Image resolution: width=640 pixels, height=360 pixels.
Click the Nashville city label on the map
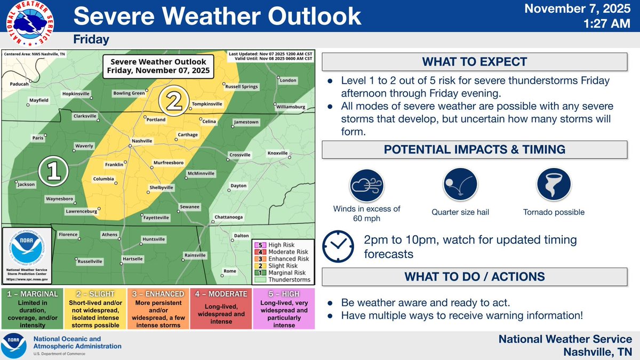click(x=142, y=141)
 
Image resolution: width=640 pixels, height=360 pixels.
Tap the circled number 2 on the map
click(x=175, y=101)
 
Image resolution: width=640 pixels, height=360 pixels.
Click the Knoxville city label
click(x=277, y=153)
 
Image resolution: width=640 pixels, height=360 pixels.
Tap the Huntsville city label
click(x=153, y=239)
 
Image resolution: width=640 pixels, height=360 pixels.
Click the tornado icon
click(x=554, y=185)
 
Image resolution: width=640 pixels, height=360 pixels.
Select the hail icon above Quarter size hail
click(x=460, y=185)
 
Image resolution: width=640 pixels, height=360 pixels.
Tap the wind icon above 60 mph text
click(x=367, y=185)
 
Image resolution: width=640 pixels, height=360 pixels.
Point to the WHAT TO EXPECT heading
click(x=474, y=61)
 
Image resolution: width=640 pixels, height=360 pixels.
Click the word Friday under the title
click(x=91, y=39)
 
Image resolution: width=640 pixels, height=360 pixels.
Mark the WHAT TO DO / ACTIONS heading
click(x=474, y=276)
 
